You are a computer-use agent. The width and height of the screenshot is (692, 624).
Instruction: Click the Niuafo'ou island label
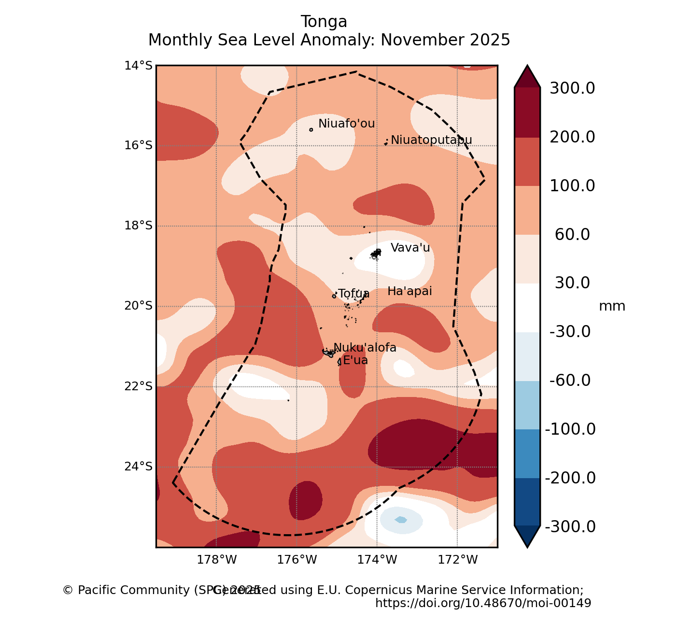click(346, 124)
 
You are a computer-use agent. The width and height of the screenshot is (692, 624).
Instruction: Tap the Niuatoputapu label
click(431, 140)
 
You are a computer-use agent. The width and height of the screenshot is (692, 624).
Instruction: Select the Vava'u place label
click(410, 248)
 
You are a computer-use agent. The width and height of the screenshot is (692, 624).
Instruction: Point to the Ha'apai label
click(410, 291)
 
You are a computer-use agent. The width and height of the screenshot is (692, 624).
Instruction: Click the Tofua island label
click(353, 294)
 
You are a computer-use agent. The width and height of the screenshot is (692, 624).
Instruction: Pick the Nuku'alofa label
click(365, 348)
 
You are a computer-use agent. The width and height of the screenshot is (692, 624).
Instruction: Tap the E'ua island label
click(355, 360)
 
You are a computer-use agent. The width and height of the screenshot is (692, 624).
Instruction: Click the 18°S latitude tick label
click(138, 226)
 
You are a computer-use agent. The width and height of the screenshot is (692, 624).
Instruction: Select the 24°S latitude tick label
click(138, 467)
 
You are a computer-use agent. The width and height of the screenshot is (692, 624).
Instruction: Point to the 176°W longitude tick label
click(297, 560)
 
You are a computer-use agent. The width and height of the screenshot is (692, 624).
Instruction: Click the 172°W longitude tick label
click(457, 560)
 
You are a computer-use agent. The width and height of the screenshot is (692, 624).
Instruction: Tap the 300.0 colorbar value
click(572, 88)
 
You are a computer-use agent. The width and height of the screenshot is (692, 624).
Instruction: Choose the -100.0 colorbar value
click(570, 429)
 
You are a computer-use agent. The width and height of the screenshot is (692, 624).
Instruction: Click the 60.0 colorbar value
click(572, 235)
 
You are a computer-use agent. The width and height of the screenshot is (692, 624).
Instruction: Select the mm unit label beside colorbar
click(612, 306)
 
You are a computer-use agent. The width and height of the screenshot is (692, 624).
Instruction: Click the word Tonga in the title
click(324, 22)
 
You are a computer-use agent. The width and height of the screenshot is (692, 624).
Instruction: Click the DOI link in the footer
click(483, 603)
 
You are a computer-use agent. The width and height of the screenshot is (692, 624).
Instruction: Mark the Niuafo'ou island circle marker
click(311, 129)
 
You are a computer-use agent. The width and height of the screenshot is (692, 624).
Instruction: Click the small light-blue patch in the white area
click(401, 520)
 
